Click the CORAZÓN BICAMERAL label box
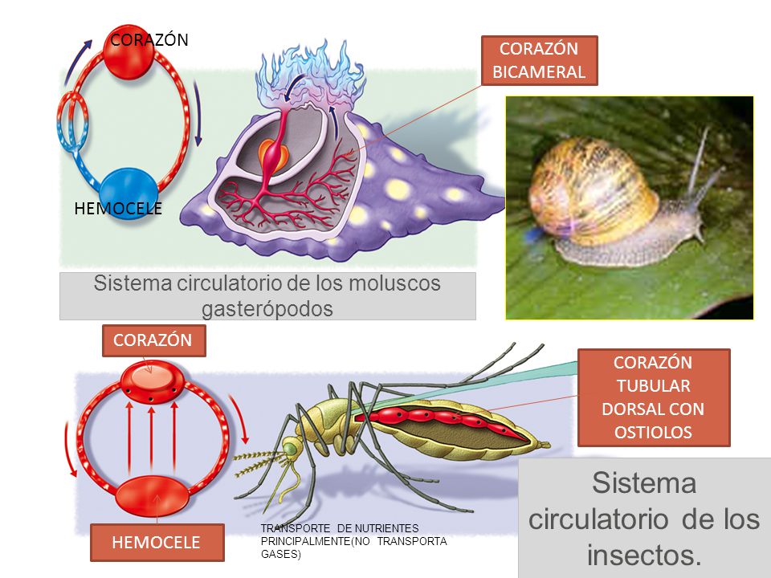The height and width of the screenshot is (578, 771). tap(539, 60)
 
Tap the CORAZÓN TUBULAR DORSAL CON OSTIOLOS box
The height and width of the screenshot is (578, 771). tap(654, 397)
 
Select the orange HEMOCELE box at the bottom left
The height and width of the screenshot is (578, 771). tap(157, 542)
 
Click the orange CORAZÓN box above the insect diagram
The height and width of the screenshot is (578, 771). tap(153, 340)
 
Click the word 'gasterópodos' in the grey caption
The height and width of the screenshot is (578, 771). tap(267, 308)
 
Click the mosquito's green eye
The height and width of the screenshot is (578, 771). tap(289, 447)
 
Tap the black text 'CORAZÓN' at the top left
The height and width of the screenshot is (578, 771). tap(149, 39)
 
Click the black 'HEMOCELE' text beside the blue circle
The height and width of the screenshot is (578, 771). tap(118, 209)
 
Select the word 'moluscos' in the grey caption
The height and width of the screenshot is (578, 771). tap(394, 283)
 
